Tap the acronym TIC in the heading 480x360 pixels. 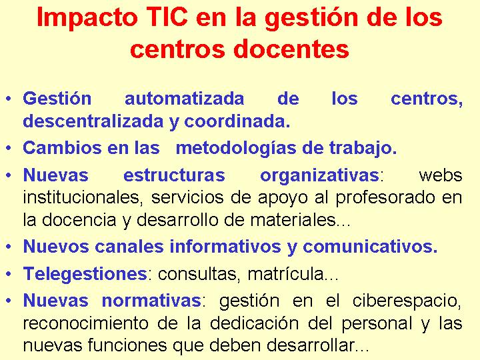click(167, 17)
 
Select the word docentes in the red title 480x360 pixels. click(291, 49)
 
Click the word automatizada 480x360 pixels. click(184, 99)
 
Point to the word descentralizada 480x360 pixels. click(93, 121)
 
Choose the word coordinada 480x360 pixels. click(237, 121)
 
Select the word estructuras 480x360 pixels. click(174, 175)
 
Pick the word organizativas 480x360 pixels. click(319, 176)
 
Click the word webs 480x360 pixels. click(441, 175)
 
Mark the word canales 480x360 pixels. click(129, 247)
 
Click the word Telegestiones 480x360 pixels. click(85, 274)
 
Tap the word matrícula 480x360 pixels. click(285, 274)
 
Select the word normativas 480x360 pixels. click(151, 300)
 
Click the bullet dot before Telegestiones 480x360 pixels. click(9, 274)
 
